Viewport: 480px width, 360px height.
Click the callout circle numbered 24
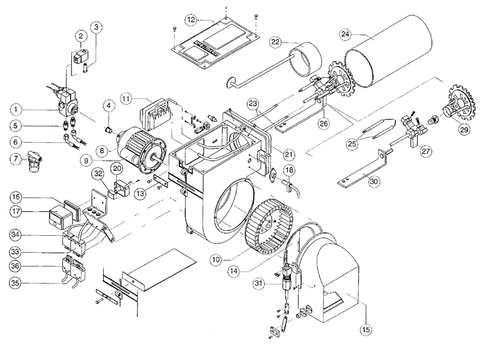346,34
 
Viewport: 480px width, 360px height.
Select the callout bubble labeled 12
191,20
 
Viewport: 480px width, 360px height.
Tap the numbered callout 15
366,329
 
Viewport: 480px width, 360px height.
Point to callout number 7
16,159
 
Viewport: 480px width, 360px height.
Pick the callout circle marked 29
464,130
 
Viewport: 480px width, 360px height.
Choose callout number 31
259,284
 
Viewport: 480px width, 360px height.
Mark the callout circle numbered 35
16,283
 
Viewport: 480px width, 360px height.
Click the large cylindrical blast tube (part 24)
389,52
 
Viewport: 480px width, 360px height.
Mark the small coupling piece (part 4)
108,130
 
